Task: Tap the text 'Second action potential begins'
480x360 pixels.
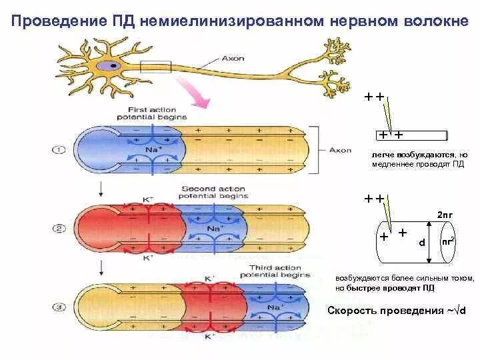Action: (214, 192)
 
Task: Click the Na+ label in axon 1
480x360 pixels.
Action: (153, 151)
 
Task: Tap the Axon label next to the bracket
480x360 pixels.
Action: (341, 150)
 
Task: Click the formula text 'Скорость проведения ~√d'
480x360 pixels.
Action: (397, 311)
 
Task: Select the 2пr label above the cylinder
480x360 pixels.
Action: (445, 214)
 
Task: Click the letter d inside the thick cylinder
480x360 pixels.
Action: (421, 243)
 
